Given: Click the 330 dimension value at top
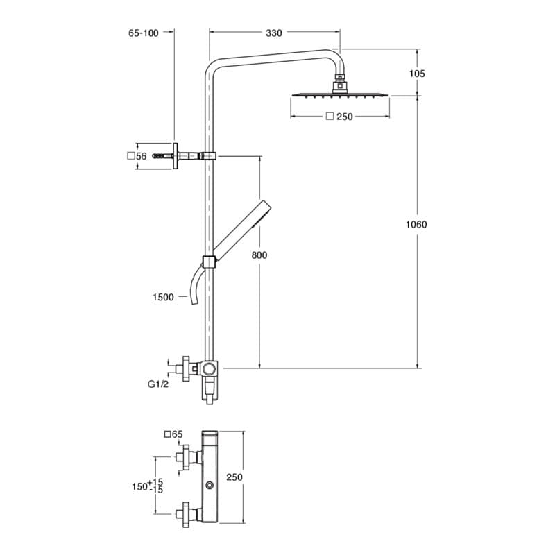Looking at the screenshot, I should [x=274, y=33].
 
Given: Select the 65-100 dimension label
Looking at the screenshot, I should [x=144, y=33].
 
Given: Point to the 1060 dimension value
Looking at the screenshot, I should [x=416, y=224].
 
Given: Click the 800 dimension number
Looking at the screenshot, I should [x=259, y=255].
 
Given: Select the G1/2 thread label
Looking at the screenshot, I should [x=159, y=383].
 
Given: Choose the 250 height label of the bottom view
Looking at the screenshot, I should [x=234, y=477].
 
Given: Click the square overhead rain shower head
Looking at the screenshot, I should [x=340, y=95].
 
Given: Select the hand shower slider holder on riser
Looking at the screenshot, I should [x=208, y=262].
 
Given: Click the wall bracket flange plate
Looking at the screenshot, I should [x=176, y=157].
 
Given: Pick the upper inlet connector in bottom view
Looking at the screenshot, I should [x=186, y=456].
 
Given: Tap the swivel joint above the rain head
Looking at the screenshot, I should [x=339, y=82].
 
